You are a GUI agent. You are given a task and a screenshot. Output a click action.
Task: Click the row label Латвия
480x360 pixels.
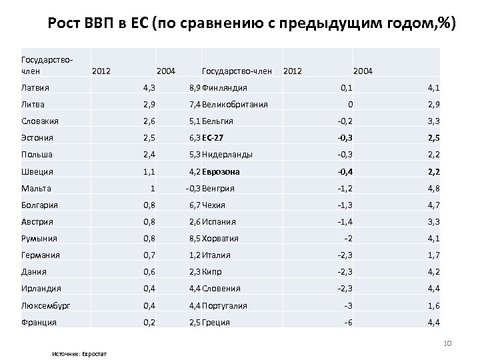[36, 87]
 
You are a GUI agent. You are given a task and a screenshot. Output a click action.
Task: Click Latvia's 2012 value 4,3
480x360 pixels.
[149, 87]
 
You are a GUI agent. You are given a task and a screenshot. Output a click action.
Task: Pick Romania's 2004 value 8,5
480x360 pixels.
[194, 238]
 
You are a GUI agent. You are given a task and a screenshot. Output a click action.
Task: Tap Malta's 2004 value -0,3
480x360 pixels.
[192, 188]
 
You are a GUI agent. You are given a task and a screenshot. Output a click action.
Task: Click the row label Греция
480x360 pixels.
[216, 322]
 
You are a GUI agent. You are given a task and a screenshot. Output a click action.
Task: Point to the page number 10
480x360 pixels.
[447, 343]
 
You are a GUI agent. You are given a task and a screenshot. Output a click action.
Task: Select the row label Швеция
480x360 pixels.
[37, 171]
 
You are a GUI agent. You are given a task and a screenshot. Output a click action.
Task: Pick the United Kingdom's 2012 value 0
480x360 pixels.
[351, 104]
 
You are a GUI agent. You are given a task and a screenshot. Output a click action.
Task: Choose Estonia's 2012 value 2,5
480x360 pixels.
[149, 137]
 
